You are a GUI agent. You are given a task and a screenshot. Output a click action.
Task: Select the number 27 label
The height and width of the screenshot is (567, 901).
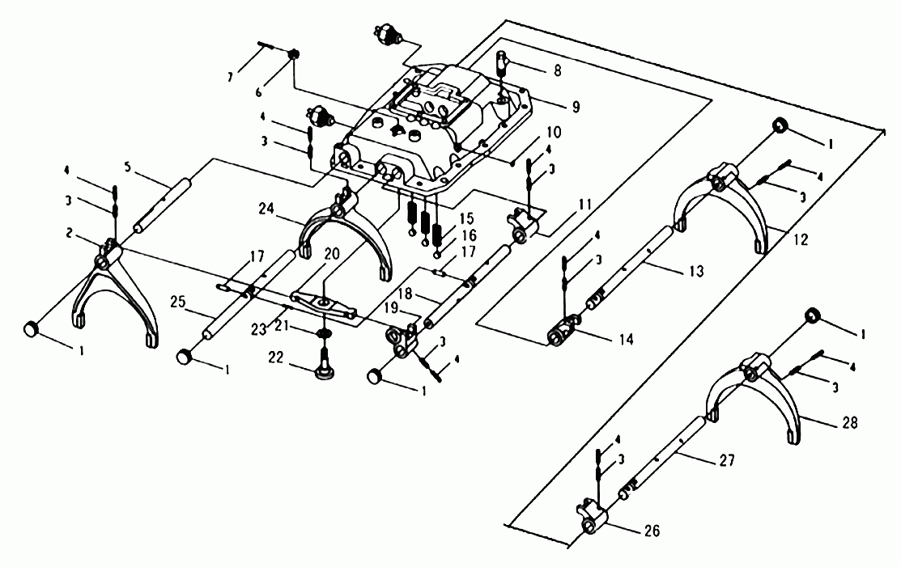pyautogui.click(x=726, y=460)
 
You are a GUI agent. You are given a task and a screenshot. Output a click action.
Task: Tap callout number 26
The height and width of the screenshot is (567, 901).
pyautogui.click(x=652, y=531)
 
